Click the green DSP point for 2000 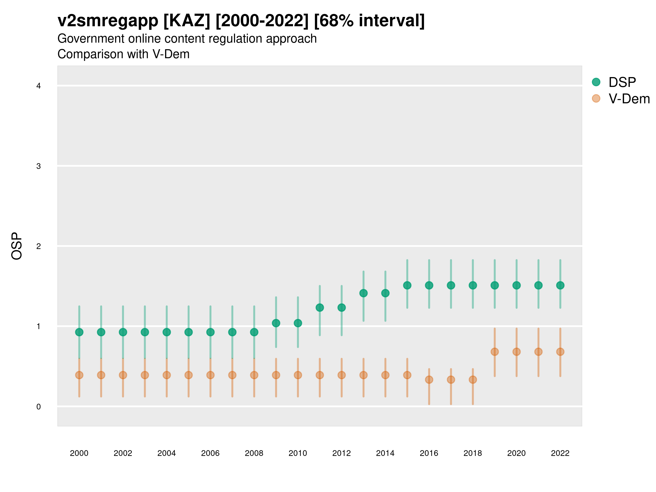click(x=79, y=332)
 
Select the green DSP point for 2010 click(x=298, y=323)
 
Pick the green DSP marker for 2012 click(x=342, y=307)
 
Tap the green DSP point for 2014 click(x=385, y=293)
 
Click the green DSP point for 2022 click(x=560, y=285)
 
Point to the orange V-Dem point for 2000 click(x=79, y=375)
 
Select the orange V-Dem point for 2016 click(x=429, y=380)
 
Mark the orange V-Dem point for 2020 click(x=517, y=352)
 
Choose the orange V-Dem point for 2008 click(x=254, y=375)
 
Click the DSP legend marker click(x=596, y=82)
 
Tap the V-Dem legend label click(x=629, y=99)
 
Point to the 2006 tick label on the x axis click(x=210, y=453)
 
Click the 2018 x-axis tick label click(x=473, y=453)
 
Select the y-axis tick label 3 click(x=39, y=166)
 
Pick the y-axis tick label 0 click(x=39, y=407)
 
